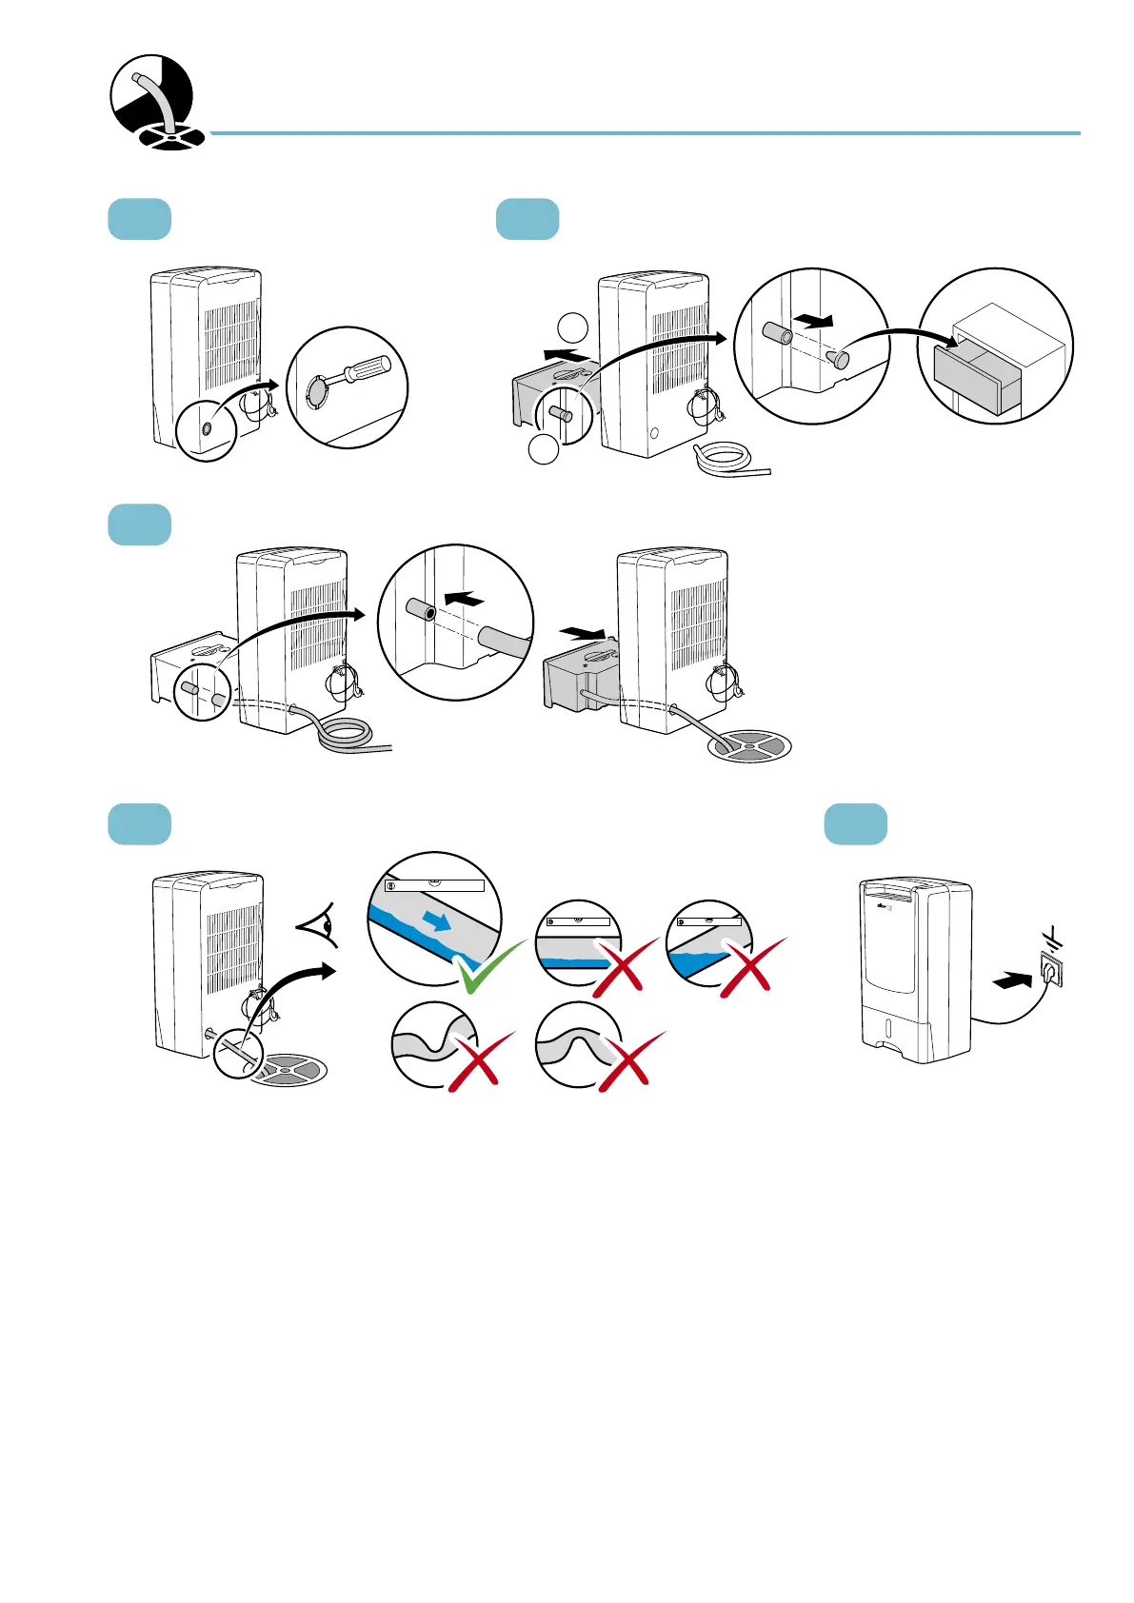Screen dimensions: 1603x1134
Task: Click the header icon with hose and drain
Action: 152,102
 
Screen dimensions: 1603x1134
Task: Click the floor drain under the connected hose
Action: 750,746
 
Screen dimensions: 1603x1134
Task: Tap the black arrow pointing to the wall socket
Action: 1011,979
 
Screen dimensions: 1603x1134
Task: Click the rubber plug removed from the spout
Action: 837,359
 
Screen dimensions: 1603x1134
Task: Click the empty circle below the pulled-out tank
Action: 543,448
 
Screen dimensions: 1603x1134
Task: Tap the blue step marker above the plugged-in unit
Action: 855,823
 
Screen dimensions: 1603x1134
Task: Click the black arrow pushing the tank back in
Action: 584,632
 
